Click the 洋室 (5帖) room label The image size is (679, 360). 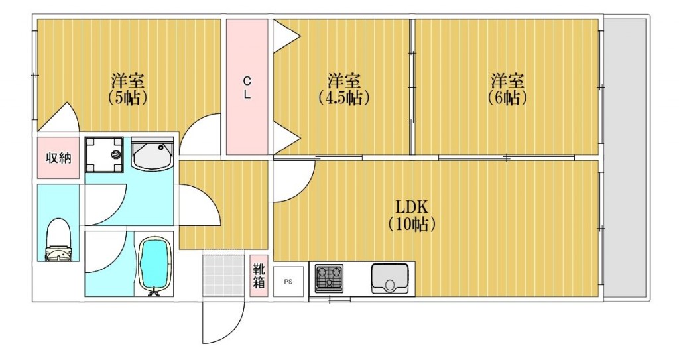[128, 89]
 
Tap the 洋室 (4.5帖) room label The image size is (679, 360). [344, 89]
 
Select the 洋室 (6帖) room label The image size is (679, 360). [508, 89]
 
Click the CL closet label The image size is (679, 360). [247, 87]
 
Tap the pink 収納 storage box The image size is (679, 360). [58, 158]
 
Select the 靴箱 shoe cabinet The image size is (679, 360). [259, 276]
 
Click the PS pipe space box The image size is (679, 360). [288, 281]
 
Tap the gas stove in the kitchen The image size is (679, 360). [329, 278]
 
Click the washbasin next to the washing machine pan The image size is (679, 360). [153, 155]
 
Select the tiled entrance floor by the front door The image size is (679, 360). [223, 276]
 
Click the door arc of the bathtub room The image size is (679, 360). [106, 252]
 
